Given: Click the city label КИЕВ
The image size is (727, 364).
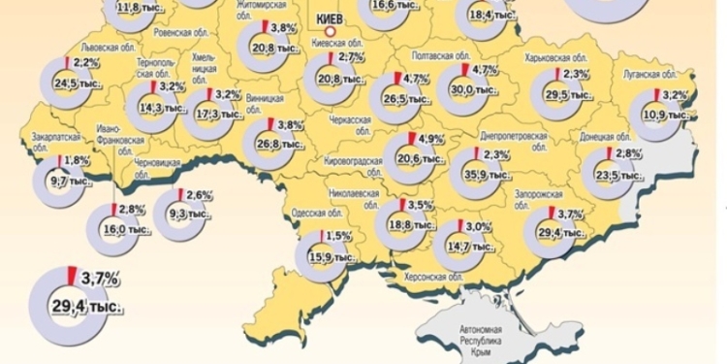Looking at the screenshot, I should [x=331, y=17].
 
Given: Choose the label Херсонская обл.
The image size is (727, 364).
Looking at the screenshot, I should [x=427, y=279].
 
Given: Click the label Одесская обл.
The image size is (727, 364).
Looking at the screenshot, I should [x=313, y=215].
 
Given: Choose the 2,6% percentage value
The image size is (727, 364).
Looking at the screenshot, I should [x=200, y=194].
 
